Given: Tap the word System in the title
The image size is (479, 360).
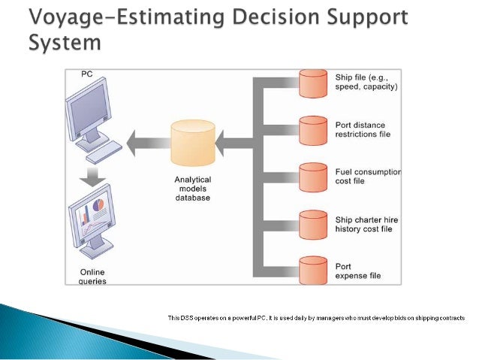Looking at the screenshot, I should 65,43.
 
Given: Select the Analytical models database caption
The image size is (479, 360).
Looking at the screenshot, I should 193,189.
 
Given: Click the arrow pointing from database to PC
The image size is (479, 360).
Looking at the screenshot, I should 146,141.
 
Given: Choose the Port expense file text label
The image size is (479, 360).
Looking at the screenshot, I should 358,271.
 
